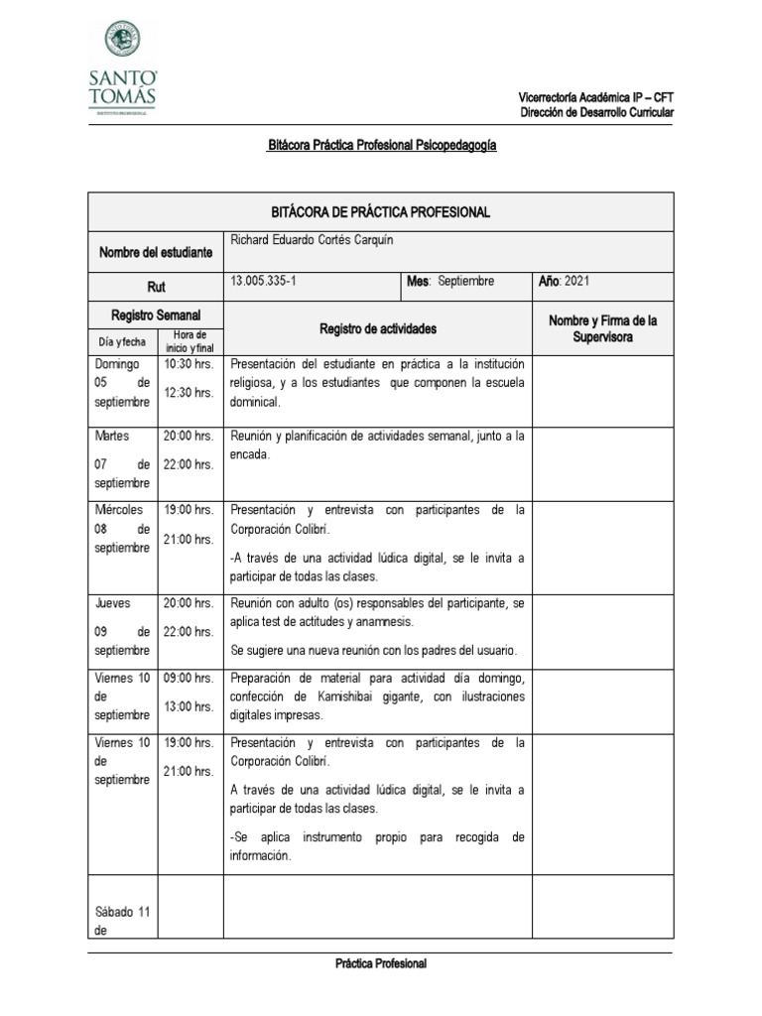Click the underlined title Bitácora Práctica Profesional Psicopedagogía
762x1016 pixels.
pos(381,145)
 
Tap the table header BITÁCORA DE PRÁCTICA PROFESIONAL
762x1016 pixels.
pos(381,213)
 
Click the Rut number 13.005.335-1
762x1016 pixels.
pos(263,282)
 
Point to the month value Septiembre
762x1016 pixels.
pos(465,282)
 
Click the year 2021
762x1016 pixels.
pos(576,282)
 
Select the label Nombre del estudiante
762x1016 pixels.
pos(156,253)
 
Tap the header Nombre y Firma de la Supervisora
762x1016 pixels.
pos(603,328)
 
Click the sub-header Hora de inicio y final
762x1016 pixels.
pos(190,341)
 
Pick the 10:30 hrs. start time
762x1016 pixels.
pos(190,364)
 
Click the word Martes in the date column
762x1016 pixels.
pos(111,436)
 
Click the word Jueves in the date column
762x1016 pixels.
pos(112,602)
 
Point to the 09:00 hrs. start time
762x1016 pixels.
pos(190,678)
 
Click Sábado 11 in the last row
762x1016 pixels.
pos(122,913)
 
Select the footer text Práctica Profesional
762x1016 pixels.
pos(381,963)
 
